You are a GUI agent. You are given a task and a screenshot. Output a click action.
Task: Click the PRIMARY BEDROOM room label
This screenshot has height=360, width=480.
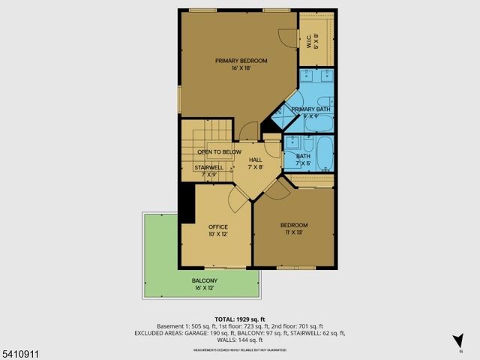(241, 61)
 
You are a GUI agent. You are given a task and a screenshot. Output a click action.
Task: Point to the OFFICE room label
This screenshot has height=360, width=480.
(217, 226)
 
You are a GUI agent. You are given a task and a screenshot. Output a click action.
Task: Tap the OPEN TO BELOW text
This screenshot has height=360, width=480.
(219, 151)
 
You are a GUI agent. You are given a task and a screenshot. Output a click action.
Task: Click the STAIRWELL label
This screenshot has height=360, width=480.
(210, 167)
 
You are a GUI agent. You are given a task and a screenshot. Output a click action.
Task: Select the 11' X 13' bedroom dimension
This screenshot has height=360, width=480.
(293, 233)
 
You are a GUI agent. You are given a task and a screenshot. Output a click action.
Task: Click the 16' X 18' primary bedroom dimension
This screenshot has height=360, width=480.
(241, 68)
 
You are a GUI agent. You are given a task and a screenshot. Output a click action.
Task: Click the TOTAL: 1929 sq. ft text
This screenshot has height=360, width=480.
(239, 319)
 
